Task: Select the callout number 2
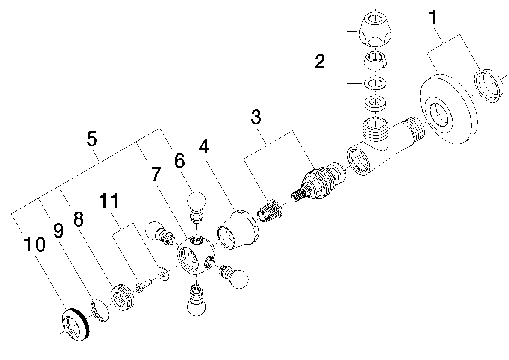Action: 319,62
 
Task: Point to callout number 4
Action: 204,147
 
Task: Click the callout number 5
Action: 91,139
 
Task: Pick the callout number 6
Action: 179,161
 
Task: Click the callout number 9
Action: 59,231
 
